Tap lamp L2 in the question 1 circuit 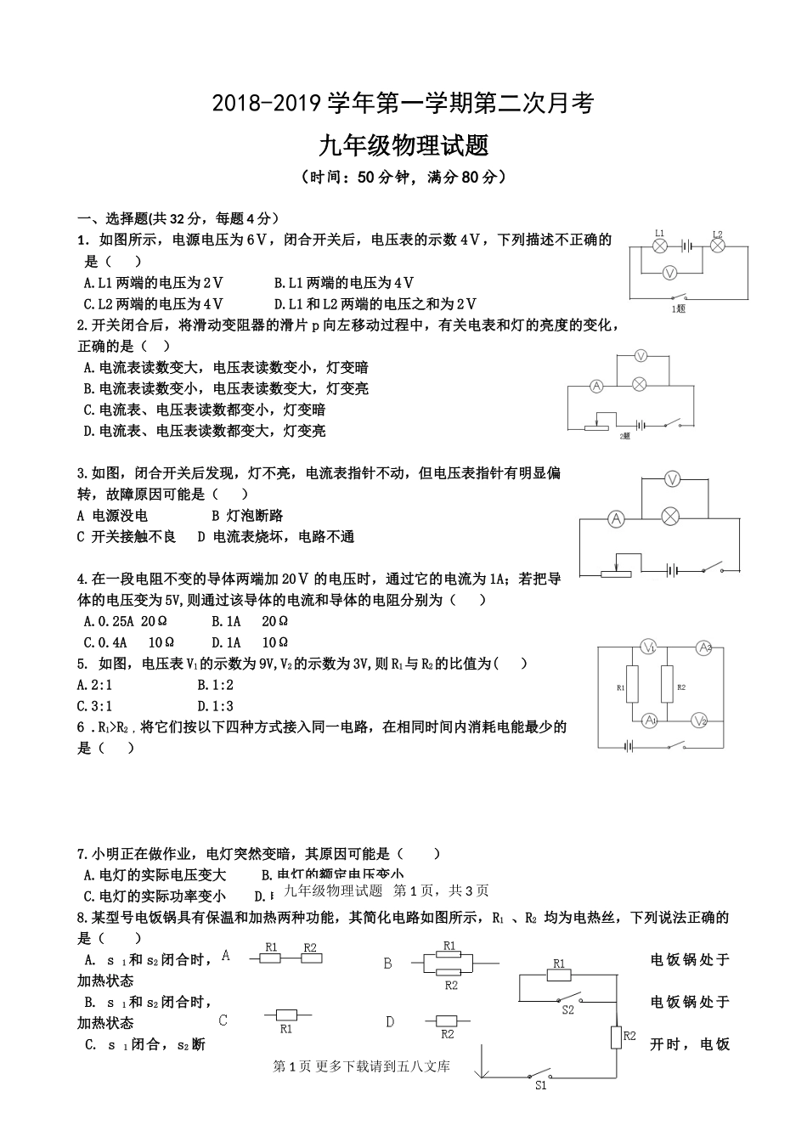pos(717,246)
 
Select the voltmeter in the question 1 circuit pos(669,272)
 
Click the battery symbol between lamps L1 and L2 pos(687,246)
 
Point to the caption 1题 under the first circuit pos(678,308)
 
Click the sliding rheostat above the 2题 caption pos(600,426)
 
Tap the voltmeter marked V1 pos(650,648)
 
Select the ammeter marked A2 pos(704,647)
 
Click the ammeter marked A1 pos(650,721)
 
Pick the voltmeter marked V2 pos(699,721)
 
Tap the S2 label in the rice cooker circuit pos(568,1010)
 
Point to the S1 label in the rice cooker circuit pos(541,1084)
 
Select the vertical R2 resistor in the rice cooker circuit pos(615,1037)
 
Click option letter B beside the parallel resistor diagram pos(388,964)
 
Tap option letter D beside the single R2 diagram pos(390,1021)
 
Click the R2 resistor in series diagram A pos(310,958)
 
